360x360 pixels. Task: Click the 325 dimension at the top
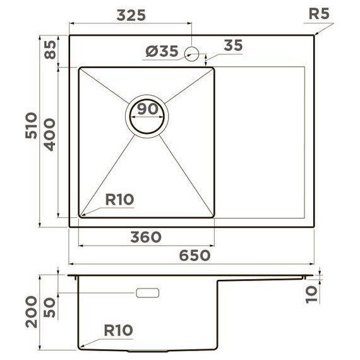tap(131, 15)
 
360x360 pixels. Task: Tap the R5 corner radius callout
tap(320, 14)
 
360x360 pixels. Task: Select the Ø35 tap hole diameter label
tap(162, 52)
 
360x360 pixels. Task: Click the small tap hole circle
tap(193, 54)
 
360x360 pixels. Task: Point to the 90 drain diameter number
tap(148, 109)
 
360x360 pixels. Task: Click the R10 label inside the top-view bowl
tap(119, 200)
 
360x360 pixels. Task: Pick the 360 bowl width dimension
tap(146, 237)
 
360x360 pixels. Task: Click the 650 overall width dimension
tap(195, 255)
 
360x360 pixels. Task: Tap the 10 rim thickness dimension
tap(310, 292)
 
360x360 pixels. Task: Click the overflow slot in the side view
tap(148, 293)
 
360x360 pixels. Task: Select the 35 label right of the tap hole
tap(233, 45)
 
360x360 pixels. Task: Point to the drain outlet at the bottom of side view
tap(148, 350)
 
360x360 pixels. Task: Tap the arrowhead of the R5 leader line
tap(315, 35)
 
